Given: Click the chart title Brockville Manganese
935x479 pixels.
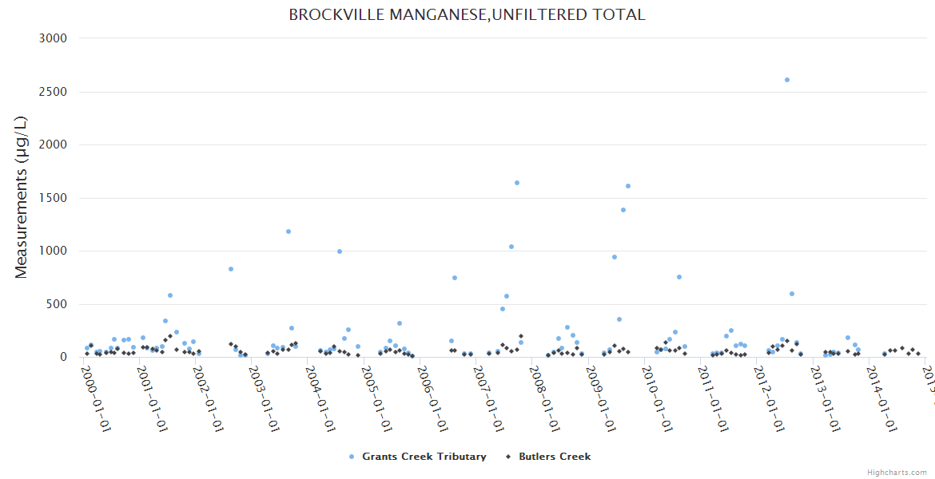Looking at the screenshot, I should point(467,14).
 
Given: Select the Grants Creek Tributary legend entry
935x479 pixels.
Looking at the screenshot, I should point(424,457).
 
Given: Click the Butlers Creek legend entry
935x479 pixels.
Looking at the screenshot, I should point(555,457).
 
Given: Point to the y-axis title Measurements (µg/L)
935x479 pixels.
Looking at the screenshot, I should point(22,197).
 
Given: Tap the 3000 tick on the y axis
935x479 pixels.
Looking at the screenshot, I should point(53,38).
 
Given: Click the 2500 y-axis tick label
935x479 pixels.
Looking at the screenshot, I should point(53,92).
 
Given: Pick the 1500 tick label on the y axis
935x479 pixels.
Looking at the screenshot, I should point(53,198).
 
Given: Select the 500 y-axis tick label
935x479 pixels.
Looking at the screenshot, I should point(56,304).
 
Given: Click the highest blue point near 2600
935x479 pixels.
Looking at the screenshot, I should point(787,80).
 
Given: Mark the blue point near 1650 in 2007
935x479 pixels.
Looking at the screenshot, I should point(517,183).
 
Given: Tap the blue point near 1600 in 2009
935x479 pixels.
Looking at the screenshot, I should point(628,186).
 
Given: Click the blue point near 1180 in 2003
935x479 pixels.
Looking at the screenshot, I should point(288,232).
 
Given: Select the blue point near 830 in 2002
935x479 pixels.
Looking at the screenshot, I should point(231,269).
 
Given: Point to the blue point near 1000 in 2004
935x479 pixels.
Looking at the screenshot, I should point(340,251).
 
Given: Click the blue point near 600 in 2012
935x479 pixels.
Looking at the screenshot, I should point(792,294).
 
